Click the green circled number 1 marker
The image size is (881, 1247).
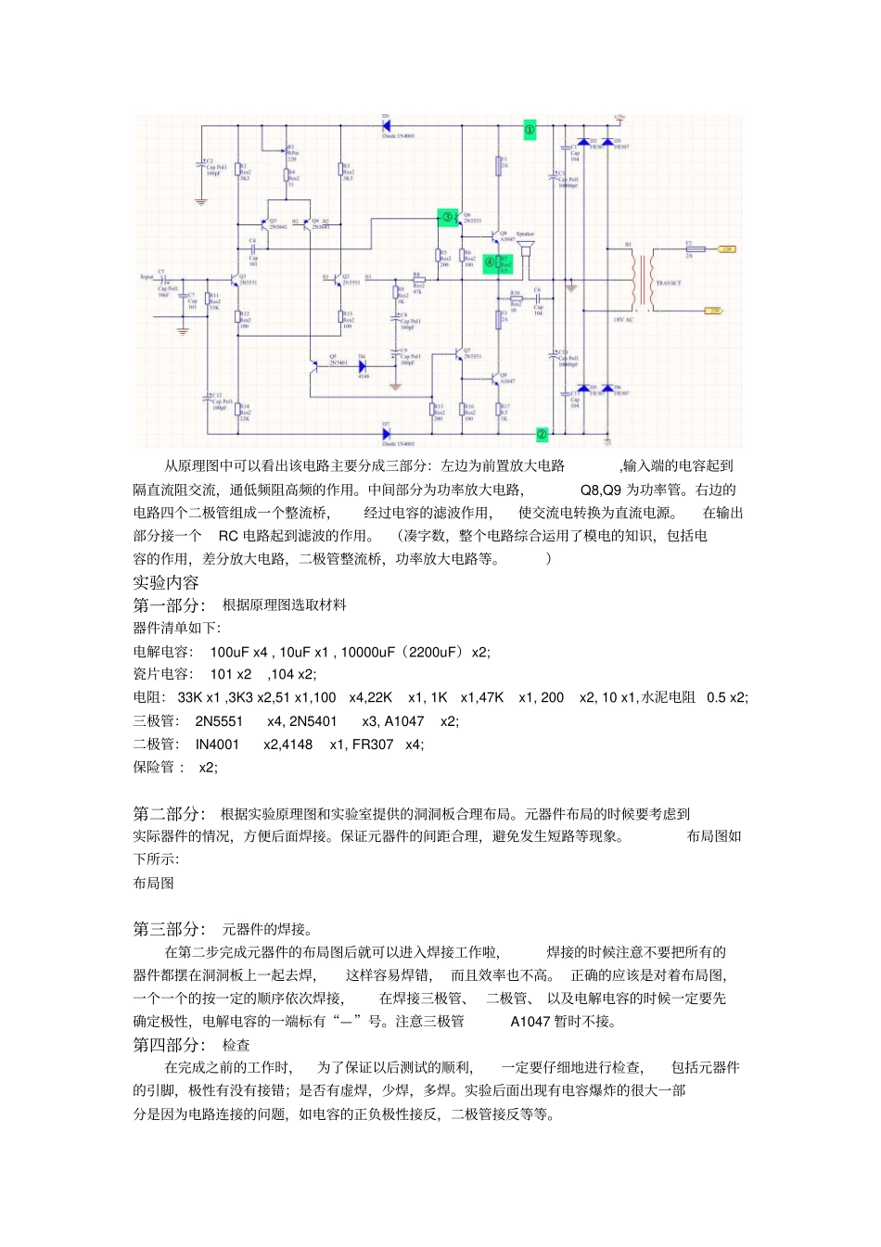pos(530,131)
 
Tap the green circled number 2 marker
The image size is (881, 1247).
pos(543,434)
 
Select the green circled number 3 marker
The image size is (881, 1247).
pos(447,218)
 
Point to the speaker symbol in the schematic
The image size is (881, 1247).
pos(527,252)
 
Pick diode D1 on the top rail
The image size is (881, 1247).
pos(387,125)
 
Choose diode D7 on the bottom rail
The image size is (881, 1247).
pos(387,433)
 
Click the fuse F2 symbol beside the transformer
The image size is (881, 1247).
pos(690,248)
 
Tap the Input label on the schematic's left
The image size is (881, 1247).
pos(147,276)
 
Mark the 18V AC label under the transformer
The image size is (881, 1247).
pos(623,320)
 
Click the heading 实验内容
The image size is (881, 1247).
pos(166,582)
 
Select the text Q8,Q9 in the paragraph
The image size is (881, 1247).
pos(601,490)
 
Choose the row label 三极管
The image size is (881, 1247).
pos(155,721)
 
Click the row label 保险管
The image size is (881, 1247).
pos(155,768)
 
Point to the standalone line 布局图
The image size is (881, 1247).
pos(154,884)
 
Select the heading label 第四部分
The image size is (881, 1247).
pos(167,1045)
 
